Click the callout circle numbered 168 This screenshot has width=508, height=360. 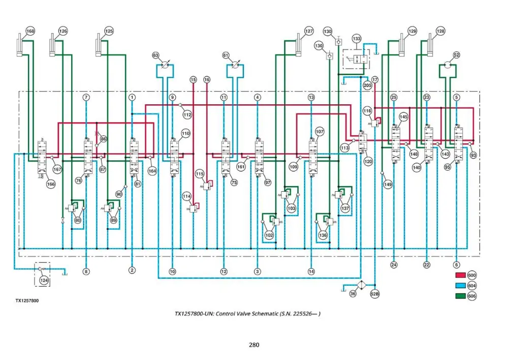pyautogui.click(x=30, y=31)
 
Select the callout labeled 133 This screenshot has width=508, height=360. pyautogui.click(x=357, y=39)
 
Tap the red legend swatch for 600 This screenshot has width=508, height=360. pyautogui.click(x=460, y=275)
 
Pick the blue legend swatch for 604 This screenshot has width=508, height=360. pyautogui.click(x=460, y=285)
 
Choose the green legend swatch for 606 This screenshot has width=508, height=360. pyautogui.click(x=460, y=296)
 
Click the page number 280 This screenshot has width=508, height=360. pyautogui.click(x=254, y=345)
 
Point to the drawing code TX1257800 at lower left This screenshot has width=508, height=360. pyautogui.click(x=27, y=301)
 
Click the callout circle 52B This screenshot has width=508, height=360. pyautogui.click(x=374, y=294)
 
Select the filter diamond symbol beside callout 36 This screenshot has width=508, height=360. pyautogui.click(x=361, y=285)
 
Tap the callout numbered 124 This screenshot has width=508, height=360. pyautogui.click(x=44, y=280)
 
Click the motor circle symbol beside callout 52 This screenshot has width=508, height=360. pyautogui.click(x=448, y=65)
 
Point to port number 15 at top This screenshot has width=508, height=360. pyautogui.click(x=193, y=80)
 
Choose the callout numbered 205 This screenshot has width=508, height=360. pyautogui.click(x=367, y=85)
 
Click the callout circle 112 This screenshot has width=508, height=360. pyautogui.click(x=187, y=114)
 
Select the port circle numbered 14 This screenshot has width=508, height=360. pyautogui.click(x=311, y=272)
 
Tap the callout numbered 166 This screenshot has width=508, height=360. pyautogui.click(x=51, y=184)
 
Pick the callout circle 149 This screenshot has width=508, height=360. pyautogui.click(x=388, y=184)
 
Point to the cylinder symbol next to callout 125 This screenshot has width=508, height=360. pyautogui.click(x=99, y=45)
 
